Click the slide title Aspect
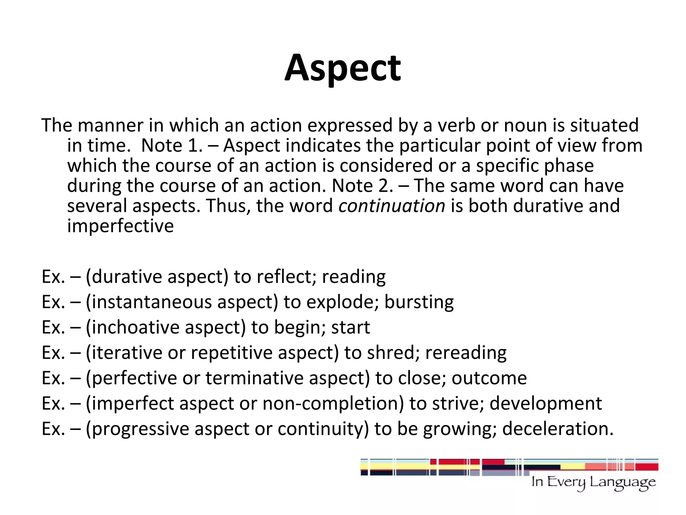tap(342, 68)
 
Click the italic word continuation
tap(392, 206)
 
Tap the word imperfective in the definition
tap(120, 226)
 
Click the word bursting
tap(419, 302)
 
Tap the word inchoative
tap(135, 327)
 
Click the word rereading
tap(466, 353)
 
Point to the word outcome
tap(489, 378)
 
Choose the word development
tap(546, 403)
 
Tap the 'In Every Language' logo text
tap(593, 482)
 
